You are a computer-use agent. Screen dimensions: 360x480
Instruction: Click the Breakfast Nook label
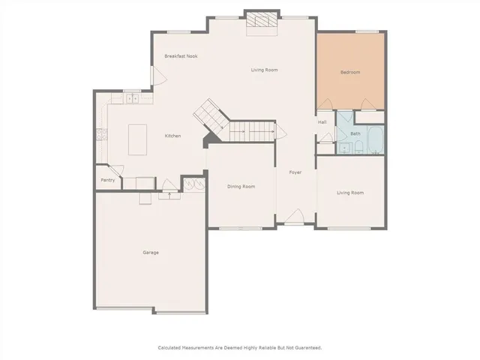click(x=181, y=56)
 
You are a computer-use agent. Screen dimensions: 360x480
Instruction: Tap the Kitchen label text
click(x=172, y=136)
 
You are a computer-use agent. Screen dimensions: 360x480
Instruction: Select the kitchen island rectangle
click(x=138, y=139)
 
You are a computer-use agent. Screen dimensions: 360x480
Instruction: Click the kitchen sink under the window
click(x=132, y=97)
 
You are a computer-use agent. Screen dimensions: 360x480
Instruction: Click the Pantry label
click(x=108, y=180)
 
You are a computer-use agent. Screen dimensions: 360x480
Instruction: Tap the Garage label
click(x=151, y=252)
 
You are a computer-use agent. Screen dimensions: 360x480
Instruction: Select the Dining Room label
click(x=241, y=186)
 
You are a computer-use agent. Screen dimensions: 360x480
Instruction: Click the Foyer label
click(x=295, y=172)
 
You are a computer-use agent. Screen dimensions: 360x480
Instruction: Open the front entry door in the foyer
click(x=295, y=217)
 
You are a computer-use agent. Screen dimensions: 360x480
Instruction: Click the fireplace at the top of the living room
click(x=262, y=22)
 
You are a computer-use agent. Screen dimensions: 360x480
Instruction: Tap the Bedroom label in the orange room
click(x=350, y=72)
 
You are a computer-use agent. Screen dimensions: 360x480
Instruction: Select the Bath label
click(x=355, y=133)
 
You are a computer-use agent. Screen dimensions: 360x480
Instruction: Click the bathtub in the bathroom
click(x=375, y=139)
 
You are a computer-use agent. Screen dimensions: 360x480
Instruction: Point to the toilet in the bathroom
click(x=359, y=148)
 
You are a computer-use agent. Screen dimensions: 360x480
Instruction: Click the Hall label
click(x=322, y=121)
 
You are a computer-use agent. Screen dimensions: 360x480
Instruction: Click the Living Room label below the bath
click(x=350, y=193)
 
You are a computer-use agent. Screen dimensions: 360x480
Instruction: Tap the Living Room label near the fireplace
click(x=264, y=70)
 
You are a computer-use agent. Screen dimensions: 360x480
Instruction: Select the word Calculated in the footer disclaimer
click(x=172, y=347)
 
